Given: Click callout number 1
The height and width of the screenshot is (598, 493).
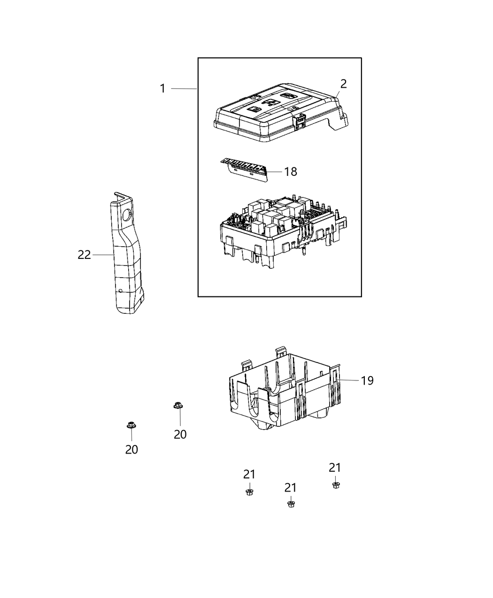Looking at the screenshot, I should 162,88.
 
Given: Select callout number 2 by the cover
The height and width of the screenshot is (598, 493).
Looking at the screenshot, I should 344,84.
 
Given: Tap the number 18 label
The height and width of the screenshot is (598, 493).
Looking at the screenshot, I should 291,172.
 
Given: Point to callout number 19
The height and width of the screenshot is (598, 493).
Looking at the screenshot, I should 367,380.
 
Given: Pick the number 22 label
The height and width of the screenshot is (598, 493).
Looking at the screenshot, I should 84,255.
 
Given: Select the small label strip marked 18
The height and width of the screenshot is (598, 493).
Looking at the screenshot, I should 244,169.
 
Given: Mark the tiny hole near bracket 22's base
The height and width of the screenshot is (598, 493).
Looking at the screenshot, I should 121,291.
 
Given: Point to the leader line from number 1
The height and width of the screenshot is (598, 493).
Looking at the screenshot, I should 184,88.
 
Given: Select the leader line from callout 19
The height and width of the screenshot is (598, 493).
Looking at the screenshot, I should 348,379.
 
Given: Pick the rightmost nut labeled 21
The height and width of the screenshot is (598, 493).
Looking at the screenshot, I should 335,485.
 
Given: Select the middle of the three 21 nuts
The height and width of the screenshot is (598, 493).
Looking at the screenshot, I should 291,504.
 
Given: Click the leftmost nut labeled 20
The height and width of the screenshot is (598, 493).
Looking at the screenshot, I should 131,426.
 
